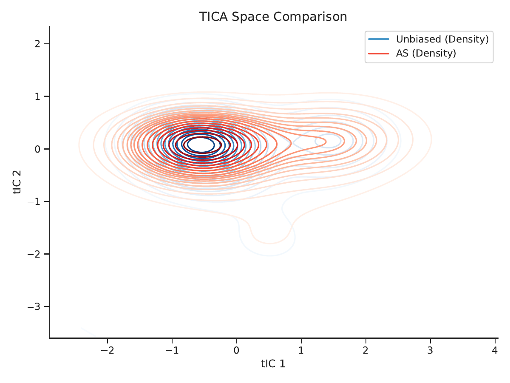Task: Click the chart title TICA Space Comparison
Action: (273, 17)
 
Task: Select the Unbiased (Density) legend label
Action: (442, 39)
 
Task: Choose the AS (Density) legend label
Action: (426, 53)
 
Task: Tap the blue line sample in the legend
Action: (379, 39)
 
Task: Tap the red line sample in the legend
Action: (379, 54)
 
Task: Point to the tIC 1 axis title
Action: (273, 364)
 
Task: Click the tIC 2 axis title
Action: (17, 182)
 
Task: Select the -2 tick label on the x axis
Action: (108, 350)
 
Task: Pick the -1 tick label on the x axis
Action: (172, 350)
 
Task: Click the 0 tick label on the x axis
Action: (237, 350)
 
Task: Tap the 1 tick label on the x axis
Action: (301, 350)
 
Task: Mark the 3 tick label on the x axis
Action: (430, 350)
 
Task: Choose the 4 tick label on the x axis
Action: (495, 350)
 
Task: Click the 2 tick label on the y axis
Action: (38, 44)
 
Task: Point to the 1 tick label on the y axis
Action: (38, 96)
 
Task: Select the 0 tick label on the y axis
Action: (38, 149)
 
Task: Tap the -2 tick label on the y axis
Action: (34, 254)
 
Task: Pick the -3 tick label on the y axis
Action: (34, 307)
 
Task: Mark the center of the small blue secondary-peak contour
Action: (329, 141)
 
